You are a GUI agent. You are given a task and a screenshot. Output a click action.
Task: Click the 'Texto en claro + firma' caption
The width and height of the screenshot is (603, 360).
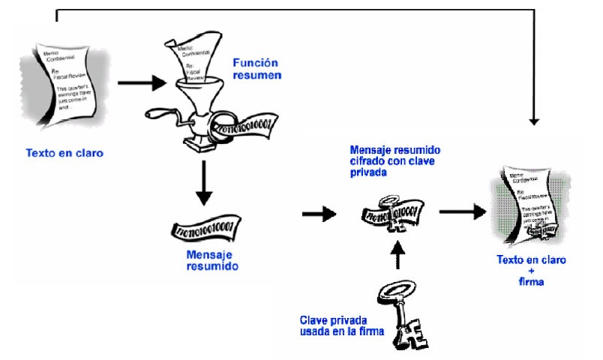pyautogui.click(x=532, y=270)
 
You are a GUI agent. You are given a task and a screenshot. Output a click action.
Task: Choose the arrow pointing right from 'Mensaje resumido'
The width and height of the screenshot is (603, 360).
pyautogui.click(x=318, y=214)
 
